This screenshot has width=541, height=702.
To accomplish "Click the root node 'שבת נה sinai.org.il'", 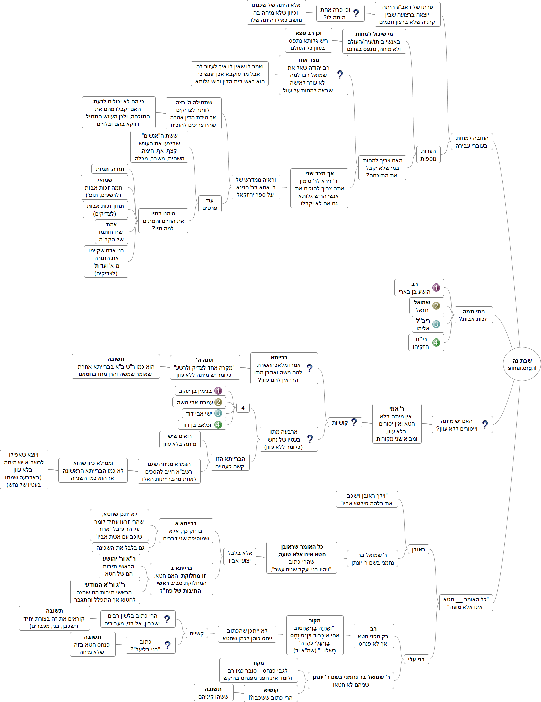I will pos(522,364).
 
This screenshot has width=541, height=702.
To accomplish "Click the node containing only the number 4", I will pos(243,408).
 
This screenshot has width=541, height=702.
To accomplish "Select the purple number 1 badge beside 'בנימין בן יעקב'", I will pos(218,391).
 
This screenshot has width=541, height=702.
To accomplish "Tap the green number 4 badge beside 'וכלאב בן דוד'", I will pos(218,425).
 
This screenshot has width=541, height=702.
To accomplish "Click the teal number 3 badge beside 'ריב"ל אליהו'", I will pos(436,324).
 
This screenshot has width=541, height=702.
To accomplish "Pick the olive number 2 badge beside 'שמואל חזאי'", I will pos(436,306).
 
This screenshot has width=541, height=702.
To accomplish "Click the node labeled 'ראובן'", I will pos(418,549).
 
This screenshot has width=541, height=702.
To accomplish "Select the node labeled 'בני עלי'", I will pos(416,659).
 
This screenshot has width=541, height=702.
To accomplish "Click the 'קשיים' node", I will pos(197,633).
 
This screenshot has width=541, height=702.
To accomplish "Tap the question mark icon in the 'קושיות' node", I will pos(354,422).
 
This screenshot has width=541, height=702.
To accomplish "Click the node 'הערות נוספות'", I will pos(428,155).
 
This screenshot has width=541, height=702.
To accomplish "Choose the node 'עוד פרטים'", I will pos(210,204).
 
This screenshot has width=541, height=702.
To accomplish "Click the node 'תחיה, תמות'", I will pos(110,169).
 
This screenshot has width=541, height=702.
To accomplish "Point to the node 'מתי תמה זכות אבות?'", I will pos(473,315).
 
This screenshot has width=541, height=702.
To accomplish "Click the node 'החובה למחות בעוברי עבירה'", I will pos(472,142).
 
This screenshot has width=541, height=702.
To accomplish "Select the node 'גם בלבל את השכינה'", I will pos(120,547).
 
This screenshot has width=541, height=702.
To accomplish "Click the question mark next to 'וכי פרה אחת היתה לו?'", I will pos(356,13).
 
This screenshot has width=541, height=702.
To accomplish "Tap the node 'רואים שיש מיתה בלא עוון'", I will pos(180,440).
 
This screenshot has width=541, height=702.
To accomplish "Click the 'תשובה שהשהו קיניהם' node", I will pos(213,693).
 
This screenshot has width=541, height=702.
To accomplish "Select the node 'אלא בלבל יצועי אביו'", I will pos(240,557).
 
